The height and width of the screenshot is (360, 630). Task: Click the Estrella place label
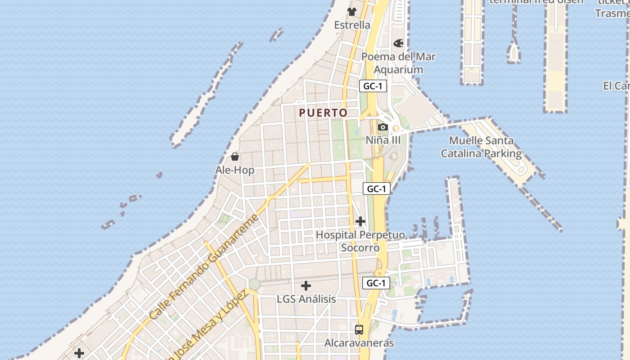coord(352,25)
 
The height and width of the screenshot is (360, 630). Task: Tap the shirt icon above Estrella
coord(351,12)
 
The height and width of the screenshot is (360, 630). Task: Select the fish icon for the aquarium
coord(398,43)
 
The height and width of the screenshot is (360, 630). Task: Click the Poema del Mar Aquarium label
coord(399,63)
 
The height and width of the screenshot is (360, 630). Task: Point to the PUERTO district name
coord(324,113)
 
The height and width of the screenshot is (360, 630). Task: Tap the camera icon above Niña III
coord(383,127)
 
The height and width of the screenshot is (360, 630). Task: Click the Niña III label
coord(383,140)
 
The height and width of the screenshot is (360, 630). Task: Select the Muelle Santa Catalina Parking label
coord(481,147)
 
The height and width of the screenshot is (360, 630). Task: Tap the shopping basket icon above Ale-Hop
coord(234,157)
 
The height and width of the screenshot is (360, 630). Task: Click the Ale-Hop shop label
coord(234,170)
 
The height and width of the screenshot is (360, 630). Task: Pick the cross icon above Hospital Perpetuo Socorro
coord(360,221)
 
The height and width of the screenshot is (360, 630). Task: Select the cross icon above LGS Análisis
coord(306,286)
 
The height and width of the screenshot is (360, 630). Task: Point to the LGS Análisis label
coord(306,299)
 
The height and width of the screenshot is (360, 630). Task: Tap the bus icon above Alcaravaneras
coord(359,329)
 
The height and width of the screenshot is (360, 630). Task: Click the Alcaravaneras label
coord(359,343)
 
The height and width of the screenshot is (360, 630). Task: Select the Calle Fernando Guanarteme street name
coord(205,266)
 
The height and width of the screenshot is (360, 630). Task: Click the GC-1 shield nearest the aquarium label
coord(373,86)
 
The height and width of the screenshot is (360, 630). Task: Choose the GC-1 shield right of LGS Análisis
coord(376,283)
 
